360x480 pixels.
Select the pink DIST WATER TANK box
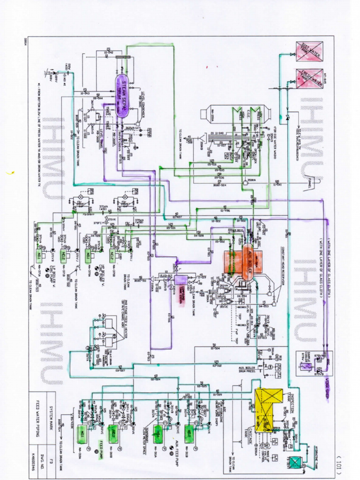[309, 51]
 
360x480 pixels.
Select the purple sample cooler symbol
[303, 366]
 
